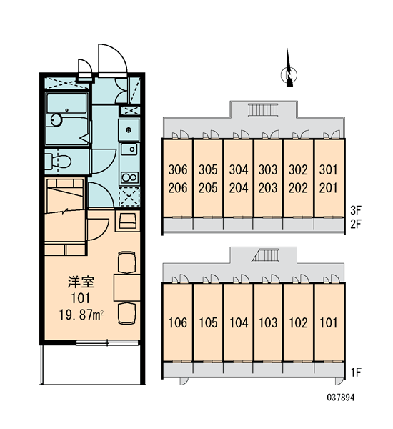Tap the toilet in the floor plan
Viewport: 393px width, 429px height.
click(x=58, y=162)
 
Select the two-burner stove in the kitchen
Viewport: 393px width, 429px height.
click(x=129, y=177)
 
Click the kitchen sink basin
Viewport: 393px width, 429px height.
click(x=129, y=149)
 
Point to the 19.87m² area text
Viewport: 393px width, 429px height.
click(x=81, y=315)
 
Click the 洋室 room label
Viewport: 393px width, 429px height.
click(x=81, y=282)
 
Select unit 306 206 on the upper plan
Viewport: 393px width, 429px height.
click(x=178, y=179)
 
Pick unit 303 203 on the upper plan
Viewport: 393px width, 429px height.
click(x=268, y=179)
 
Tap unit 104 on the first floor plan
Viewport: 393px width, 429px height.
click(x=239, y=323)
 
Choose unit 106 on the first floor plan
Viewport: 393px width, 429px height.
click(x=178, y=323)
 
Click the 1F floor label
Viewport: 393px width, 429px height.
click(x=356, y=373)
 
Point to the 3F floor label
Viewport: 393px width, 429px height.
click(x=356, y=210)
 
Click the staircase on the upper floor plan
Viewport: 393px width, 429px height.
click(x=263, y=110)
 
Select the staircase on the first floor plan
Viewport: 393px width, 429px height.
click(x=265, y=255)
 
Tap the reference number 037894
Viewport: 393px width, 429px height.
click(x=341, y=398)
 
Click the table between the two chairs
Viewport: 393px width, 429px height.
click(x=127, y=287)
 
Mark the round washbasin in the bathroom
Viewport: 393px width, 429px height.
click(x=56, y=120)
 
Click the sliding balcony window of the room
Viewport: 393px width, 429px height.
click(x=107, y=342)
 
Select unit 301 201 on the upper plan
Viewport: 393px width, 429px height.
click(x=329, y=179)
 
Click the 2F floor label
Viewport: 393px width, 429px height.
click(x=356, y=225)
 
